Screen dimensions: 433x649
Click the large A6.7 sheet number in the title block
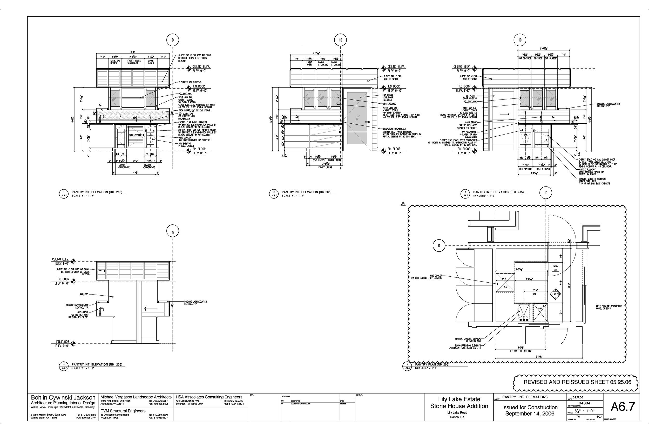[x=623, y=407]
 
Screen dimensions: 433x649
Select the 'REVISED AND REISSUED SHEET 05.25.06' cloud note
[x=576, y=382]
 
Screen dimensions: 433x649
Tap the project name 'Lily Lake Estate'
[x=459, y=399]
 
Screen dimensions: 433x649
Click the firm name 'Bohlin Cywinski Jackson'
[x=63, y=398]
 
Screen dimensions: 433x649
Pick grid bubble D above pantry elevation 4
[x=173, y=232]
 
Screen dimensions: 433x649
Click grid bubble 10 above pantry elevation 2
[x=340, y=40]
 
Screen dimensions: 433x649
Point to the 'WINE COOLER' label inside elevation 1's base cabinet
[x=135, y=135]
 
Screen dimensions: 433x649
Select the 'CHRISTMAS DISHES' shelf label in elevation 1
[x=115, y=62]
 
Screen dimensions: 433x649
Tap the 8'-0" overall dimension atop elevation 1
[x=133, y=52]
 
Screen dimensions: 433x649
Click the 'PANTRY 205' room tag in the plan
[x=555, y=268]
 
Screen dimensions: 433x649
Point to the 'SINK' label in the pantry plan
[x=534, y=294]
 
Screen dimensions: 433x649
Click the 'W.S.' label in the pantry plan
[x=505, y=287]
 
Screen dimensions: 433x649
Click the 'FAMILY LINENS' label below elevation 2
[x=325, y=167]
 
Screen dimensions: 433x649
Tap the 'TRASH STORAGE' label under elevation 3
[x=543, y=169]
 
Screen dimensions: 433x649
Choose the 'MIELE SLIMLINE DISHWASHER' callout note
[x=609, y=307]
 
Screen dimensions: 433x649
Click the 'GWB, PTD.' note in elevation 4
[x=84, y=294]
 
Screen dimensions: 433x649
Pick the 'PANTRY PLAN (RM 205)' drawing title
[x=432, y=364]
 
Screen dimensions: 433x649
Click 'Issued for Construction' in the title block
[x=530, y=407]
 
